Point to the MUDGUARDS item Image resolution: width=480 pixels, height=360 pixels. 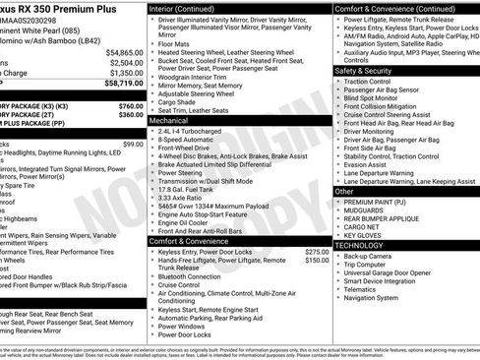366,210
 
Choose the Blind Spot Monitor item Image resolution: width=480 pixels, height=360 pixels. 374,98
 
